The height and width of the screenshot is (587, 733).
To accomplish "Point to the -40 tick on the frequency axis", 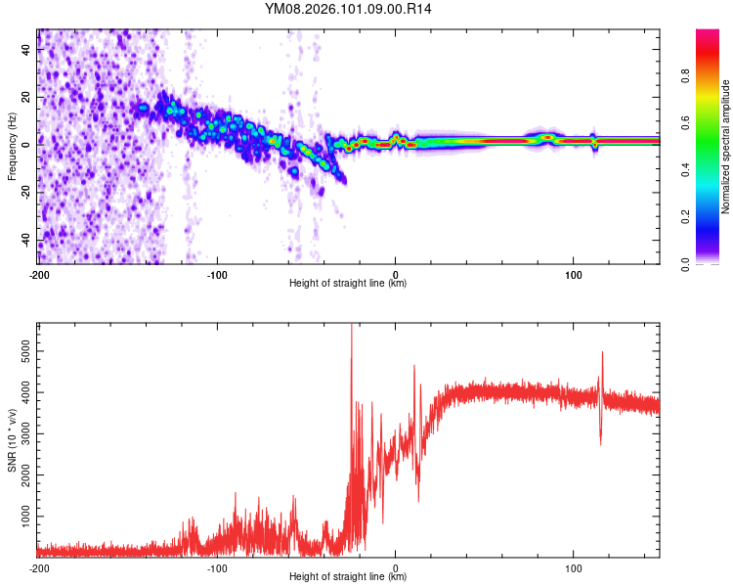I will coord(26,241).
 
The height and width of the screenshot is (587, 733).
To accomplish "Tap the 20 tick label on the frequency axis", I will coord(26,98).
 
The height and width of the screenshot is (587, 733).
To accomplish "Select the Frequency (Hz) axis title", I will coord(12,147).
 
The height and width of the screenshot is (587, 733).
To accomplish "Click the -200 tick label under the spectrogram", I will coord(39,274).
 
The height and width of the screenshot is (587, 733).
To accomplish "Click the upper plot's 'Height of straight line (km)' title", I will coord(349,284).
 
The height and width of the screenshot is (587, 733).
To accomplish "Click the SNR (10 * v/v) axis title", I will coord(12,440).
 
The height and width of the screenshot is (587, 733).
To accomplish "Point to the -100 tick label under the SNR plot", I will coord(217,567).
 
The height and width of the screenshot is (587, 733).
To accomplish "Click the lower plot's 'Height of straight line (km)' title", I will coord(349,577).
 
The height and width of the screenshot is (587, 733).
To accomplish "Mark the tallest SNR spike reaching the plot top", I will coord(351,329).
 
